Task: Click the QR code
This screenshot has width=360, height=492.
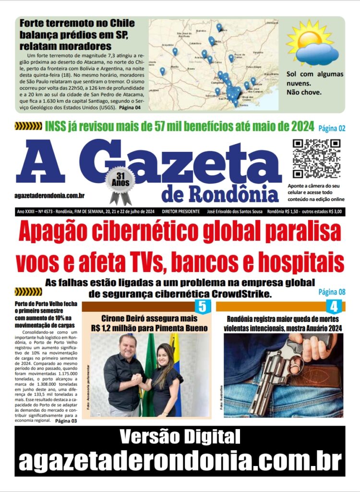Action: tap(316, 159)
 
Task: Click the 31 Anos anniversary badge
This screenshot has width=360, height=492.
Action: tap(120, 181)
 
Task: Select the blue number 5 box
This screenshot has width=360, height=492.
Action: tap(202, 307)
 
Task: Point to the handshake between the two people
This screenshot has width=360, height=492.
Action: tap(138, 379)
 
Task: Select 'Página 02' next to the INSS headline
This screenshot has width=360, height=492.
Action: tap(331, 128)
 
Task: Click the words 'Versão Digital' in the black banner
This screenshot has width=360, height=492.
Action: tap(180, 437)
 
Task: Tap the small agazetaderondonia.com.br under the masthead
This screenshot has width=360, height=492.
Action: tap(50, 196)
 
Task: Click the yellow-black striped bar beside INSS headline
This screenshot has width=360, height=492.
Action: tap(28, 126)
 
